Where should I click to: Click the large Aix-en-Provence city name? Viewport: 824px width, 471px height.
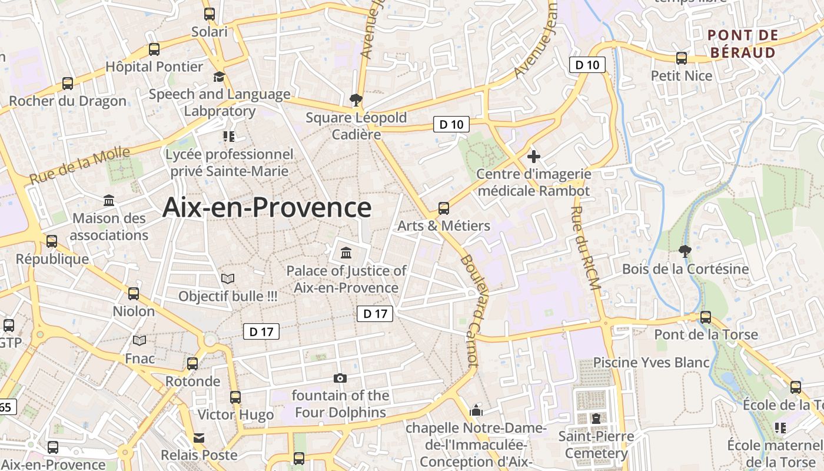click(x=267, y=208)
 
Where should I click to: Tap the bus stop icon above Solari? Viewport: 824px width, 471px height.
click(x=210, y=14)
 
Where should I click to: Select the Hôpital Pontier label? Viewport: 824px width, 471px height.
click(x=154, y=67)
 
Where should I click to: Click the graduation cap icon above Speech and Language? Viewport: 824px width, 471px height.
click(x=219, y=77)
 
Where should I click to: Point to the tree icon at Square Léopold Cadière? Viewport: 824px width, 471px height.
click(x=355, y=99)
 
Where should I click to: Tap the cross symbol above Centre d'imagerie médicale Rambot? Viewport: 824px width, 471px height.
click(x=534, y=157)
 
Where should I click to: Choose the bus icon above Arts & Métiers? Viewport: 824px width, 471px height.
click(x=444, y=208)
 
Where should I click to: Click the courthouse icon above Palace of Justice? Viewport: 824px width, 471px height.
click(x=346, y=253)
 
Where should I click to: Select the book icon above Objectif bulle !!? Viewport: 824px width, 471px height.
click(x=228, y=278)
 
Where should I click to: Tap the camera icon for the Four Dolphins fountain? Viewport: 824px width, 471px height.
click(x=340, y=378)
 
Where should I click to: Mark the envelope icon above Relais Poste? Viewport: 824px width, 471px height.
click(x=199, y=438)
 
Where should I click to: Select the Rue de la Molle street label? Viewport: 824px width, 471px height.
click(x=79, y=165)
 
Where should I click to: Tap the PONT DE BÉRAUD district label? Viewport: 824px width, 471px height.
click(x=743, y=44)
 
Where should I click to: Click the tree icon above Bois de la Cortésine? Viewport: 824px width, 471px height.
click(x=685, y=251)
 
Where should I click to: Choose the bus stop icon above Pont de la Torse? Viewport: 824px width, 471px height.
click(x=706, y=317)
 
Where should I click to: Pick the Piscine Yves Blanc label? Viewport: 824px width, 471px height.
click(x=651, y=362)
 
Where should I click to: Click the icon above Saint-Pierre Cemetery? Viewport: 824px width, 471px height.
click(x=596, y=419)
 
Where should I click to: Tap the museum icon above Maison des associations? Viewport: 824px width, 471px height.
click(x=109, y=201)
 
